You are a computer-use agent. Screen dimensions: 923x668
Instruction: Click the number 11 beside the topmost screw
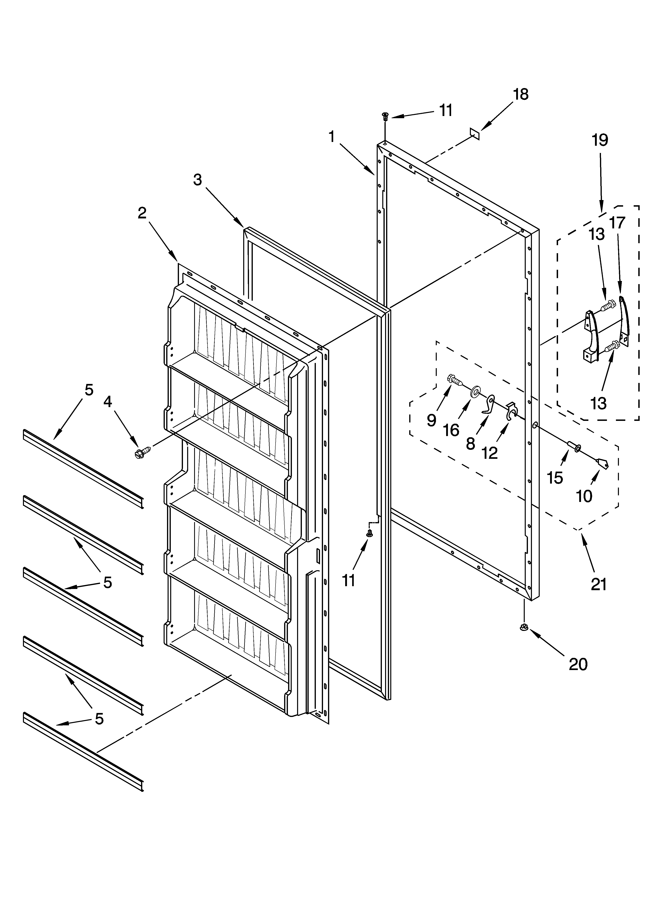446,110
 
